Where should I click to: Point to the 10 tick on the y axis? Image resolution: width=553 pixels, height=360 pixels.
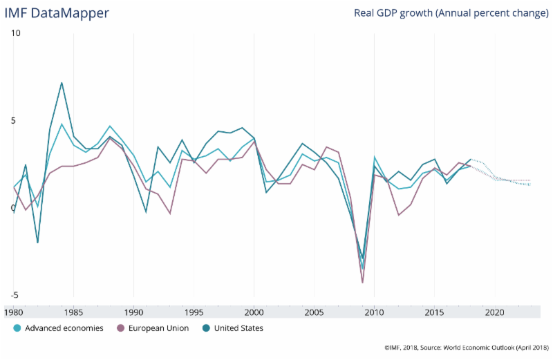(x=16, y=33)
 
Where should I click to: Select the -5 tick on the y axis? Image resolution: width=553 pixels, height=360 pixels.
(x=16, y=295)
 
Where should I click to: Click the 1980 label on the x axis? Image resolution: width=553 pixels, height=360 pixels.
(x=14, y=313)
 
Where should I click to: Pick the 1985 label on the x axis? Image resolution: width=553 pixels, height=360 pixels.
(x=74, y=313)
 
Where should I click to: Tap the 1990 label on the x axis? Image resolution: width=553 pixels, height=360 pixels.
(x=134, y=313)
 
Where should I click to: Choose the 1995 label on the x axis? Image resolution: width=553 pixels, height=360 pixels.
(x=194, y=313)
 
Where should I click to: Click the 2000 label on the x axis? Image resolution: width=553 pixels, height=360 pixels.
(x=254, y=313)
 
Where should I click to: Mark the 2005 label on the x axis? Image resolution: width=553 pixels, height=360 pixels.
(x=315, y=313)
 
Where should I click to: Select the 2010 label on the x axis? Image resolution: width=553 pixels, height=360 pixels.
(x=375, y=313)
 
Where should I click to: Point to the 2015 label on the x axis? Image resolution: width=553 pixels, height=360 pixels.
(x=435, y=313)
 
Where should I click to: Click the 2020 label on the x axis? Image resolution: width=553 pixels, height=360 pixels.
(x=495, y=313)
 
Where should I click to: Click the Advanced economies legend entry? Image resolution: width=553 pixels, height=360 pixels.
(x=59, y=328)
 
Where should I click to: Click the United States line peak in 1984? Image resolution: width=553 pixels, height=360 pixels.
(x=62, y=83)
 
